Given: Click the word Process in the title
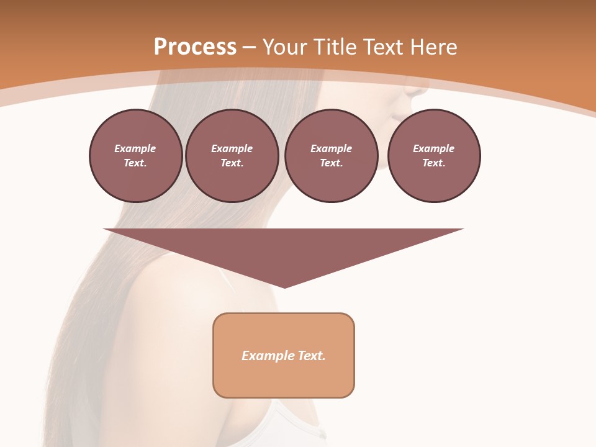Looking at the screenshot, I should tap(195, 47).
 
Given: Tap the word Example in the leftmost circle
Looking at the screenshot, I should tap(135, 148).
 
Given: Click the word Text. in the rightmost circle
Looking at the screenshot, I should tap(434, 163).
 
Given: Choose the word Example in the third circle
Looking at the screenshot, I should tap(331, 148).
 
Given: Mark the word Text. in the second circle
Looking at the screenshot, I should tap(232, 163).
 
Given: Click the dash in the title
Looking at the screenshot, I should tap(249, 47).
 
